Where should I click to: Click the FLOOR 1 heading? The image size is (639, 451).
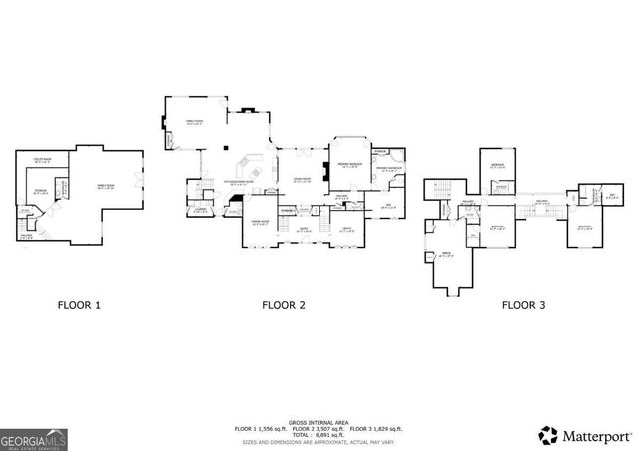click(x=78, y=306)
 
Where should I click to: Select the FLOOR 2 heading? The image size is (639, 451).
click(x=284, y=306)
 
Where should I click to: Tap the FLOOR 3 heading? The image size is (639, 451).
click(x=525, y=306)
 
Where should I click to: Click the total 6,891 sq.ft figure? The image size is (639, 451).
click(x=319, y=435)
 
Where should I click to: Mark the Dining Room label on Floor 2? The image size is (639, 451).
click(x=259, y=223)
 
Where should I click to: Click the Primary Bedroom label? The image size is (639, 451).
click(x=348, y=164)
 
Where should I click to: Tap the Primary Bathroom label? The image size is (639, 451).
click(x=389, y=169)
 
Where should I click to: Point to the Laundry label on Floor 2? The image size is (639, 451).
click(x=200, y=210)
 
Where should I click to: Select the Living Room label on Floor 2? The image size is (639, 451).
click(x=301, y=180)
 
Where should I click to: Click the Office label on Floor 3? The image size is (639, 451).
click(x=449, y=253)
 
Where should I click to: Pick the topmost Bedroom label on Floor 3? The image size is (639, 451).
click(x=496, y=165)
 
